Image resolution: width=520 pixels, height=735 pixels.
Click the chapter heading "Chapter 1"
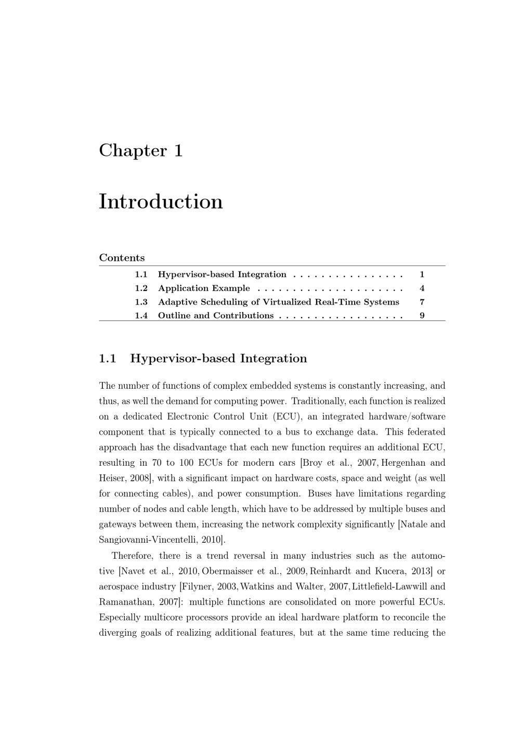click(141, 151)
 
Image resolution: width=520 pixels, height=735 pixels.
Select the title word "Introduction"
click(161, 202)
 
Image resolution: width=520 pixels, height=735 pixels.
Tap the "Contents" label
click(122, 258)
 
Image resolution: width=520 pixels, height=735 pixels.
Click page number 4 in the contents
click(422, 288)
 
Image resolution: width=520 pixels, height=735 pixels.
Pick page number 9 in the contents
click(422, 316)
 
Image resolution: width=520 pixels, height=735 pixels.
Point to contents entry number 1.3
click(141, 302)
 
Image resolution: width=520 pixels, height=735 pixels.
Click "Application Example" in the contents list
click(204, 288)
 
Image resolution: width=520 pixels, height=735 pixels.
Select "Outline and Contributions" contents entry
click(215, 316)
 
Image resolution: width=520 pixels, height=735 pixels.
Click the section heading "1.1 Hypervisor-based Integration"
click(203, 359)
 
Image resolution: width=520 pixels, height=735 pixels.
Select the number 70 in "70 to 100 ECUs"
click(157, 463)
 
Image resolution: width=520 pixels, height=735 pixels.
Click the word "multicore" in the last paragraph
click(162, 618)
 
